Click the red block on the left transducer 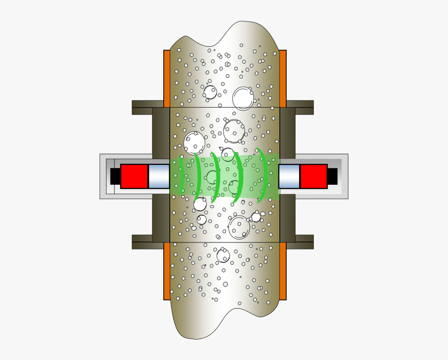[134, 176]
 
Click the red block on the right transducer [314, 176]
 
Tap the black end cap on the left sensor [115, 176]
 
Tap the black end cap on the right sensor [332, 176]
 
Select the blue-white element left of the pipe [159, 176]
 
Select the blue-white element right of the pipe [289, 176]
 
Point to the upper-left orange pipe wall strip [167, 78]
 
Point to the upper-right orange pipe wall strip [283, 78]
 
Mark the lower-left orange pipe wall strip [167, 271]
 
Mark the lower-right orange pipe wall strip [283, 271]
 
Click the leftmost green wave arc [181, 176]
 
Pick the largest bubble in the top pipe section [243, 98]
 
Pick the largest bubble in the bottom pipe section [223, 256]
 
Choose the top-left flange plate [147, 107]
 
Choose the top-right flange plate [300, 107]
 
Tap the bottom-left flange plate [147, 242]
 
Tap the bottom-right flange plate [300, 242]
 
